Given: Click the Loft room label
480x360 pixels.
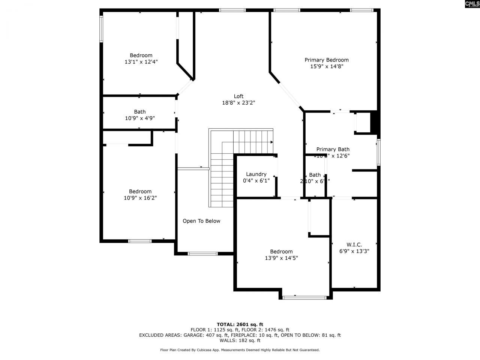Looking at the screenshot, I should (238, 96).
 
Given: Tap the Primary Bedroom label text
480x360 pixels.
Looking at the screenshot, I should (326, 60).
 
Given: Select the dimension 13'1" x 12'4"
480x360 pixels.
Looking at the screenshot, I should (141, 62).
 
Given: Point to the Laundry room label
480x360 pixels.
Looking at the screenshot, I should (256, 174).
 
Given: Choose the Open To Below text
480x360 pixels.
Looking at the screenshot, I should (201, 221).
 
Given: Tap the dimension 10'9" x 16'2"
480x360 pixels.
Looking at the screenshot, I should (140, 198).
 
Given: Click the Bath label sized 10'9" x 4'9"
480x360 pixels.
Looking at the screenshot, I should (140, 112).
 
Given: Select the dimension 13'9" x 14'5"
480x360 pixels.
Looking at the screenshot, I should (281, 258).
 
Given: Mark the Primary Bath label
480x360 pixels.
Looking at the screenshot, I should (333, 149).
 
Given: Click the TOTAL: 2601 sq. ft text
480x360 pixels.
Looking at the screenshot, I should (240, 324).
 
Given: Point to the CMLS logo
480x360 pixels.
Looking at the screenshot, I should (472, 4).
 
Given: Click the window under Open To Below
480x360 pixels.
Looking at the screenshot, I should (202, 254).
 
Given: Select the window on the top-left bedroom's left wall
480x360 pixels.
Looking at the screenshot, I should (101, 28).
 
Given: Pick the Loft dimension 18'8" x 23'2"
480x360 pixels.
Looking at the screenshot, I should (238, 103).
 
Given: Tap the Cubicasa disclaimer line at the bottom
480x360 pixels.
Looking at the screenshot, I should (240, 350).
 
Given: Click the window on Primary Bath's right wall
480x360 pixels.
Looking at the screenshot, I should (379, 152).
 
